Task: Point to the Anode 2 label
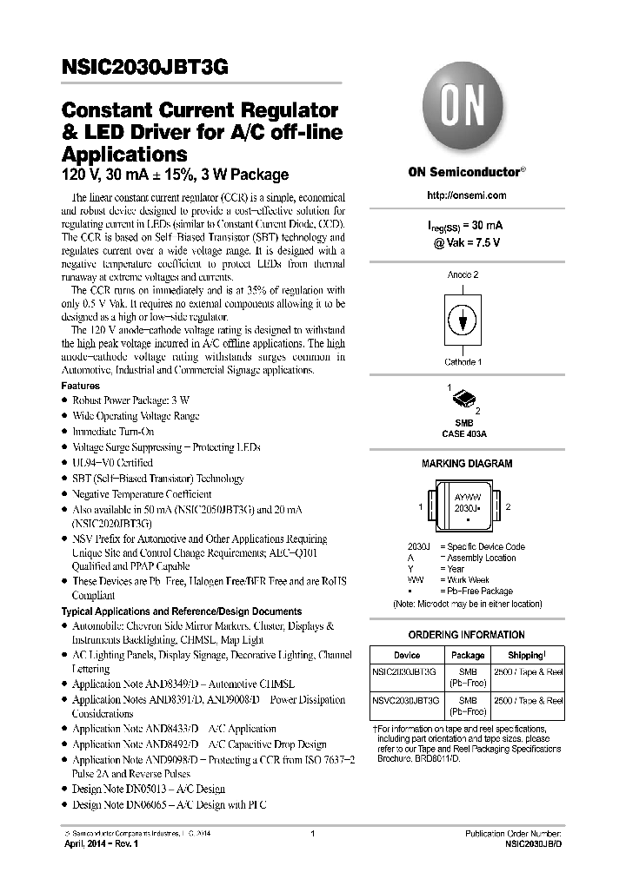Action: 463,274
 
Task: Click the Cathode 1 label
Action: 464,361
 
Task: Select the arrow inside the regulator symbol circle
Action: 463,320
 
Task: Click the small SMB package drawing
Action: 465,400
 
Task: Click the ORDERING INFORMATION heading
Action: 466,635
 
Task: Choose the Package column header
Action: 468,655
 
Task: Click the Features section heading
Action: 80,386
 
